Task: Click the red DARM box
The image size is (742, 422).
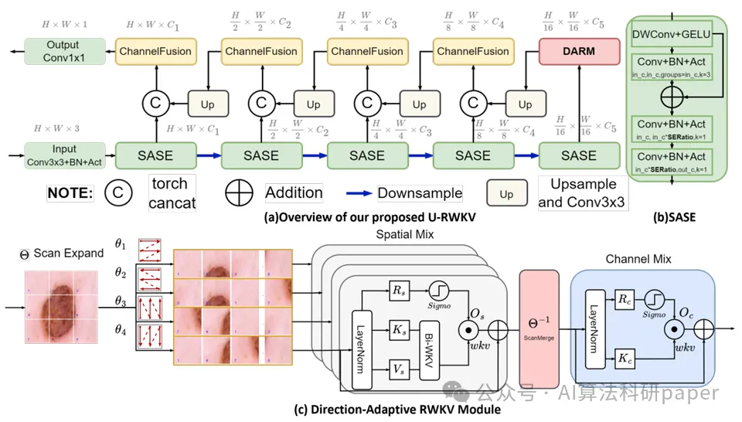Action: point(579,51)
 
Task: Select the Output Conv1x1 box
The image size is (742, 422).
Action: point(63,51)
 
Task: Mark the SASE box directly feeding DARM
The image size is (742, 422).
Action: point(579,155)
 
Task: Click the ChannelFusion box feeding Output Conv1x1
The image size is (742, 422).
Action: point(155,51)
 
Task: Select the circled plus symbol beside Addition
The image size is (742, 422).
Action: point(239,192)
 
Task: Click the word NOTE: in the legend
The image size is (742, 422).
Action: point(69,193)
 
